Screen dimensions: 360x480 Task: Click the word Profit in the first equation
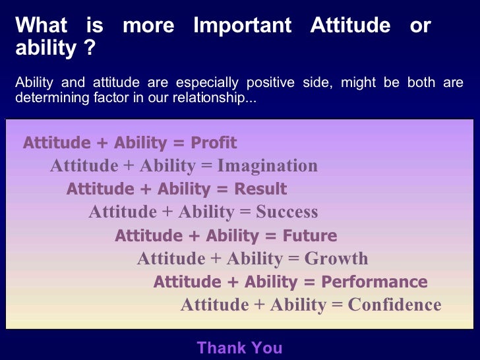pos(214,143)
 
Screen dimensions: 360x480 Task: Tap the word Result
pos(260,189)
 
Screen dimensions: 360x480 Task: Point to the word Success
pos(287,212)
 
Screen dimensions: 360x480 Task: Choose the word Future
pos(309,235)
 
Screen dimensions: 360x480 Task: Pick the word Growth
pos(336,258)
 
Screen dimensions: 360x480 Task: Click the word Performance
pos(375,282)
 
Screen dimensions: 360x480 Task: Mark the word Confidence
pos(394,305)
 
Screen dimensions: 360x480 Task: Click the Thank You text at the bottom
pos(239,347)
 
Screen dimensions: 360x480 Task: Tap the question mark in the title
pos(90,48)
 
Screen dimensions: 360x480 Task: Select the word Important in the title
pos(242,26)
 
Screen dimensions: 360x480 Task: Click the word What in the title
pos(41,26)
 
